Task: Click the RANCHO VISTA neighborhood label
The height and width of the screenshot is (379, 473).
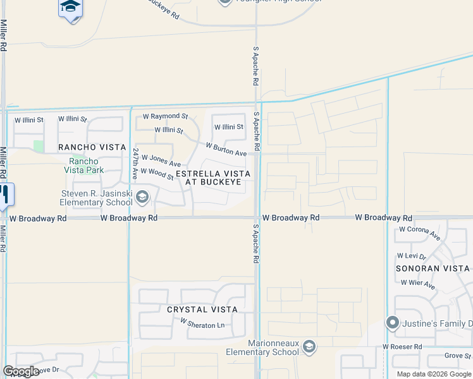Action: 92,147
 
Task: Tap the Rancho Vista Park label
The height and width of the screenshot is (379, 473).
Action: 83,165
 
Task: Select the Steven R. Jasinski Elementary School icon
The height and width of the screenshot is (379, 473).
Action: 142,198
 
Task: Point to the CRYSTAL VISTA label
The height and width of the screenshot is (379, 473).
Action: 202,310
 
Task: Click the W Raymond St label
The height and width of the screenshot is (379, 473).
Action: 165,116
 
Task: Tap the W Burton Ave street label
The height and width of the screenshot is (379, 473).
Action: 226,149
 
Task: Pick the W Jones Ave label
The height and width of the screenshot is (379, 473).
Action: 161,160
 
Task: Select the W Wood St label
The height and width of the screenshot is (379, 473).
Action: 157,173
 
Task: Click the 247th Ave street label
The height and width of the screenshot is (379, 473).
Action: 135,162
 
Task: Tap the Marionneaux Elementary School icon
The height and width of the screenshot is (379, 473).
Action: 309,346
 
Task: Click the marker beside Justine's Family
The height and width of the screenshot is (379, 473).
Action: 392,324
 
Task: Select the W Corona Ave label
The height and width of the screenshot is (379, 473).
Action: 419,232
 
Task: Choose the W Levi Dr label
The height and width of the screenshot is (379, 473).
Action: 412,256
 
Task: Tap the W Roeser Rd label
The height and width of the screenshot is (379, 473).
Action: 402,347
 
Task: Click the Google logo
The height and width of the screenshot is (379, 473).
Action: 21,371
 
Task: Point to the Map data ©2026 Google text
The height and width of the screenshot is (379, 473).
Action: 434,374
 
